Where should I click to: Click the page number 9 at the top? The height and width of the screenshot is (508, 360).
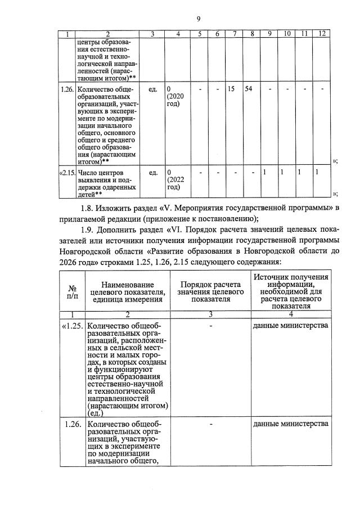(x=199, y=19)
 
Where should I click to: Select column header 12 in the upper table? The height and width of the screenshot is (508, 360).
(x=322, y=34)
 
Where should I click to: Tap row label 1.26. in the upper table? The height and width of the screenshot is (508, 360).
(x=66, y=89)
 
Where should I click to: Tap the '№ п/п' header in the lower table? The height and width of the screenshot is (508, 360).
(x=73, y=290)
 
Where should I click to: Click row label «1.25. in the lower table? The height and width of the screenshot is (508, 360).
(x=73, y=325)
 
